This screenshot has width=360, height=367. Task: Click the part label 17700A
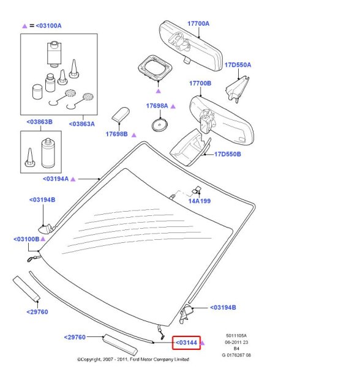click(198, 24)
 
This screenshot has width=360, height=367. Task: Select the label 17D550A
click(238, 65)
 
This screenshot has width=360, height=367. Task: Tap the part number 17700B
click(200, 83)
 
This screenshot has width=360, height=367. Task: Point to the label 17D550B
click(228, 154)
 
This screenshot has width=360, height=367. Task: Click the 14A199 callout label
click(200, 201)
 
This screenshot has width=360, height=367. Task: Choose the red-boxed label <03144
click(187, 343)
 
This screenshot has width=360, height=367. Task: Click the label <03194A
click(56, 179)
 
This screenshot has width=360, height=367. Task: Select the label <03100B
click(26, 239)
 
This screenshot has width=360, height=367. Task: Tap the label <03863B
click(40, 122)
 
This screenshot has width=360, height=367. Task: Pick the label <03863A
click(82, 124)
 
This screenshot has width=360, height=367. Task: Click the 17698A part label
click(157, 106)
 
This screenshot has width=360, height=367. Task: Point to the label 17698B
click(117, 134)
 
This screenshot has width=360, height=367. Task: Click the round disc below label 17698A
click(160, 125)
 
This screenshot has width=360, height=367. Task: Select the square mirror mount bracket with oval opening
click(155, 68)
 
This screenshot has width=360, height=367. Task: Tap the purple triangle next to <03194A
click(73, 179)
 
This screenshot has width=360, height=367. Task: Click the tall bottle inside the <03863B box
click(48, 153)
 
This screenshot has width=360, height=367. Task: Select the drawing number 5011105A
click(236, 336)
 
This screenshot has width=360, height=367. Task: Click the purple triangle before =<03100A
click(24, 26)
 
